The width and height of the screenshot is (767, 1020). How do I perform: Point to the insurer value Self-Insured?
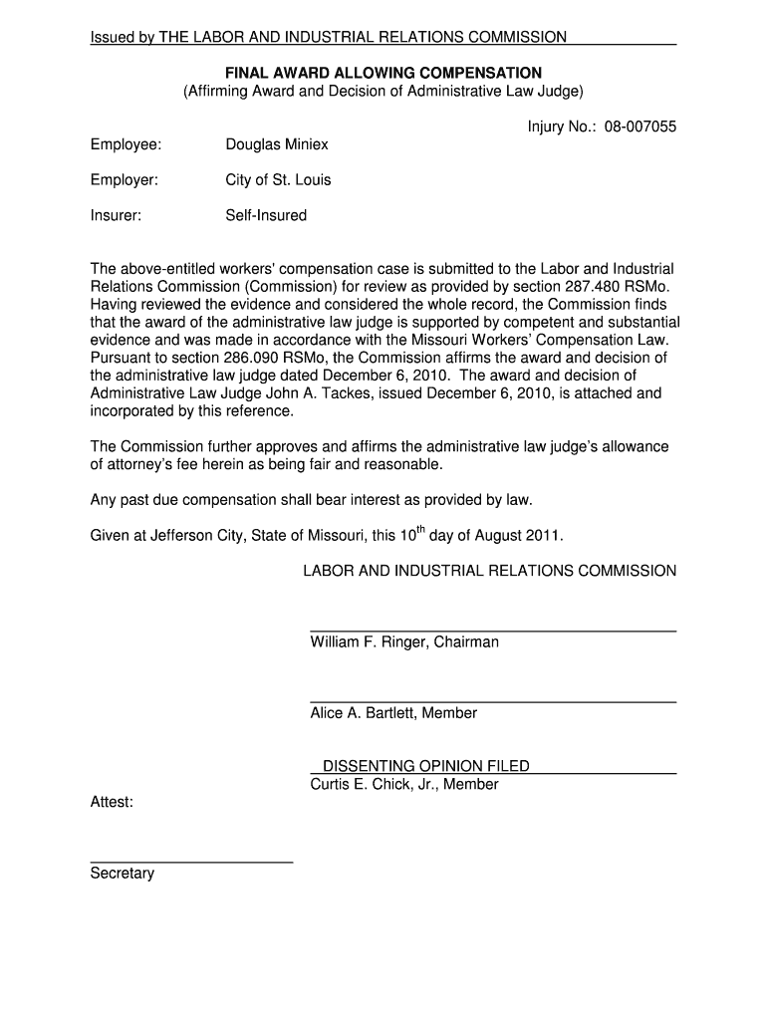point(266,215)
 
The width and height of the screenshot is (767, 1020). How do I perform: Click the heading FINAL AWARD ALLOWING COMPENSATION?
point(383,73)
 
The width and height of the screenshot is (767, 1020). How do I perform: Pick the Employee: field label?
point(126,145)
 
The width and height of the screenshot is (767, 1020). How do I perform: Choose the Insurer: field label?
point(116,215)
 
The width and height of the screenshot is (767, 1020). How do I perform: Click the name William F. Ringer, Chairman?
point(404,642)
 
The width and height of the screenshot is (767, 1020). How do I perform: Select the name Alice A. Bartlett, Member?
point(393,713)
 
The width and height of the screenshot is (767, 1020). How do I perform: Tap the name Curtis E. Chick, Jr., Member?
point(404,785)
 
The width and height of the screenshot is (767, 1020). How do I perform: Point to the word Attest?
point(112,802)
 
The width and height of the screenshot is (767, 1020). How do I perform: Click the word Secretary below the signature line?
point(123,874)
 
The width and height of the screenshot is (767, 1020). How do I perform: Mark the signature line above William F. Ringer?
point(493,632)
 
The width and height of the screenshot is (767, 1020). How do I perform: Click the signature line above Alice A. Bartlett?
point(493,702)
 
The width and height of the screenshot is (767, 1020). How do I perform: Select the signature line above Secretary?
point(191,862)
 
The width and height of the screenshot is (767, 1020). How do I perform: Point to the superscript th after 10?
point(419,529)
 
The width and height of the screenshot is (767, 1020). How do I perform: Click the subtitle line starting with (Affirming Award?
point(383,91)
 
